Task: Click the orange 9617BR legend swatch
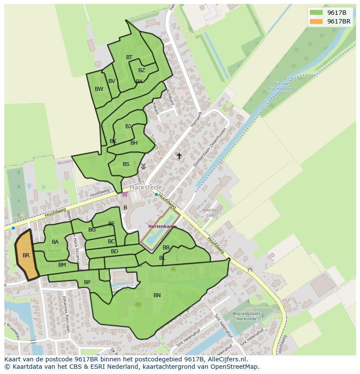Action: click(x=317, y=21)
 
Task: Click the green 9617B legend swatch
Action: click(x=317, y=12)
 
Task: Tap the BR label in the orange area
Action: click(x=26, y=255)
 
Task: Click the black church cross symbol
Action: click(x=179, y=156)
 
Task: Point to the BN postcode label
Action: click(x=157, y=295)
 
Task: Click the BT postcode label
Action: click(x=129, y=57)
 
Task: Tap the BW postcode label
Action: click(x=99, y=89)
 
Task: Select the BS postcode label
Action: click(x=126, y=164)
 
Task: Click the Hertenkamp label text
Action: click(x=162, y=227)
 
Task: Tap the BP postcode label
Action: click(x=87, y=282)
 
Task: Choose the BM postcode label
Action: click(x=62, y=265)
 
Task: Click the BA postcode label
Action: click(x=55, y=242)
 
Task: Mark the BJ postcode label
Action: click(x=128, y=126)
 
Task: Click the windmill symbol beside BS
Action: click(x=143, y=166)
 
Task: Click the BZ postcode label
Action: click(x=142, y=70)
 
